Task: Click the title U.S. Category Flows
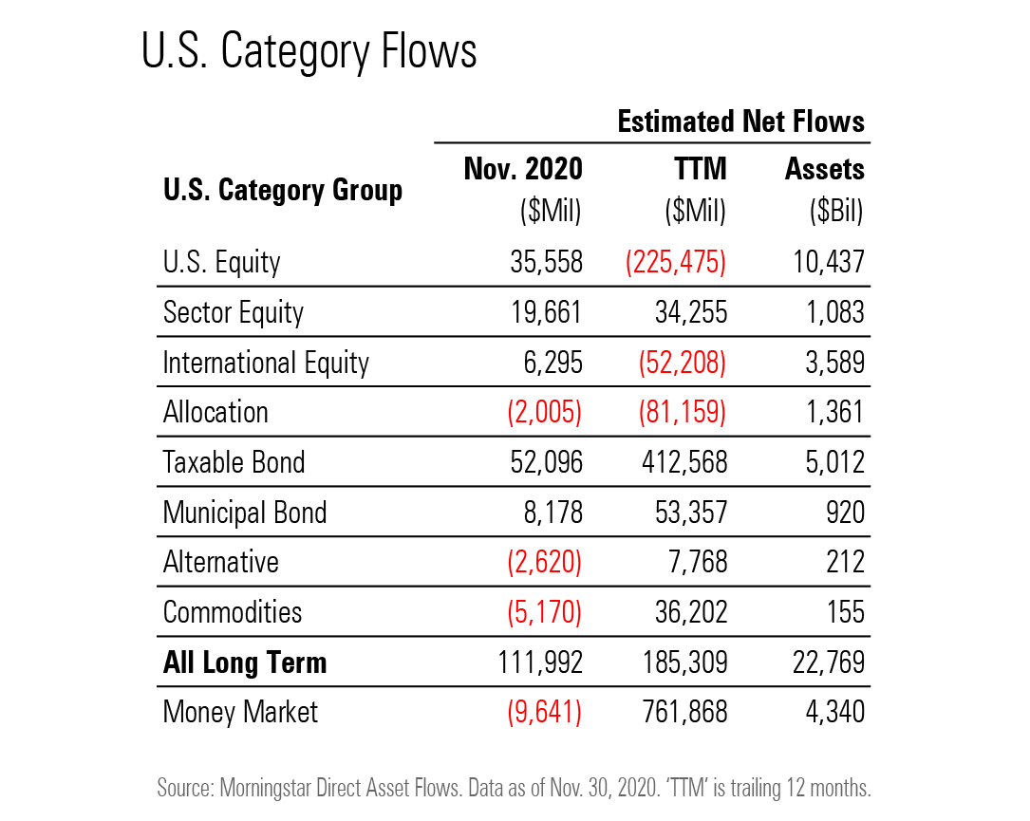pos(309,52)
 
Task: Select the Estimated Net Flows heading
pos(740,121)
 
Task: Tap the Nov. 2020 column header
pos(523,169)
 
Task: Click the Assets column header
pos(824,169)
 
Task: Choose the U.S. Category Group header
pos(282,190)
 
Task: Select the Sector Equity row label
pos(234,312)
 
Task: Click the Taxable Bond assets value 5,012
pos(830,462)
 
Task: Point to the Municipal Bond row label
pos(245,513)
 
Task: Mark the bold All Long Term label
pos(245,662)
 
